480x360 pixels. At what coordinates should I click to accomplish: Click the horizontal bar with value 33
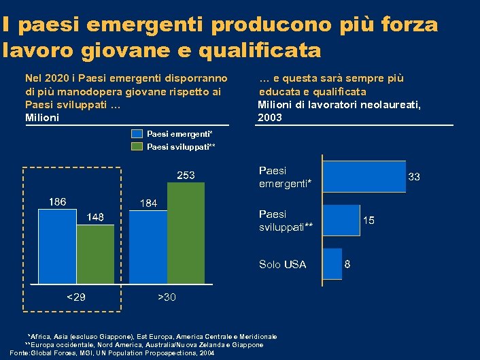pyautogui.click(x=364, y=177)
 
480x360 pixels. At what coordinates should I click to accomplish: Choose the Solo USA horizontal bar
pyautogui.click(x=332, y=264)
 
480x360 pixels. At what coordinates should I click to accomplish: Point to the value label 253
pyautogui.click(x=186, y=176)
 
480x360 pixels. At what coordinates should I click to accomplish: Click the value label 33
pyautogui.click(x=414, y=177)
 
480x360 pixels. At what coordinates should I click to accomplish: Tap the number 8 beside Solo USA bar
pyautogui.click(x=348, y=264)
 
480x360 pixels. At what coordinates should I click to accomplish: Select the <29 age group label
pyautogui.click(x=75, y=297)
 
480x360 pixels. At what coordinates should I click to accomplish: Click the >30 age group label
pyautogui.click(x=167, y=297)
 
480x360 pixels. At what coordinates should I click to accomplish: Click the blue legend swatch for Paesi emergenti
pyautogui.click(x=137, y=134)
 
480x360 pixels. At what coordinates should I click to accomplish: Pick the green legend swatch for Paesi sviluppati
pyautogui.click(x=137, y=146)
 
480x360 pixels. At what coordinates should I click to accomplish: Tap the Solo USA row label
pyautogui.click(x=282, y=264)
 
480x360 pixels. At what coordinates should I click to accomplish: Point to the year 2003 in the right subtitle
pyautogui.click(x=270, y=118)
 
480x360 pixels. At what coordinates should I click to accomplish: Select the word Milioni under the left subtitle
pyautogui.click(x=41, y=118)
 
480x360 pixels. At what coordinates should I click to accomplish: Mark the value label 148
pyautogui.click(x=95, y=217)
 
